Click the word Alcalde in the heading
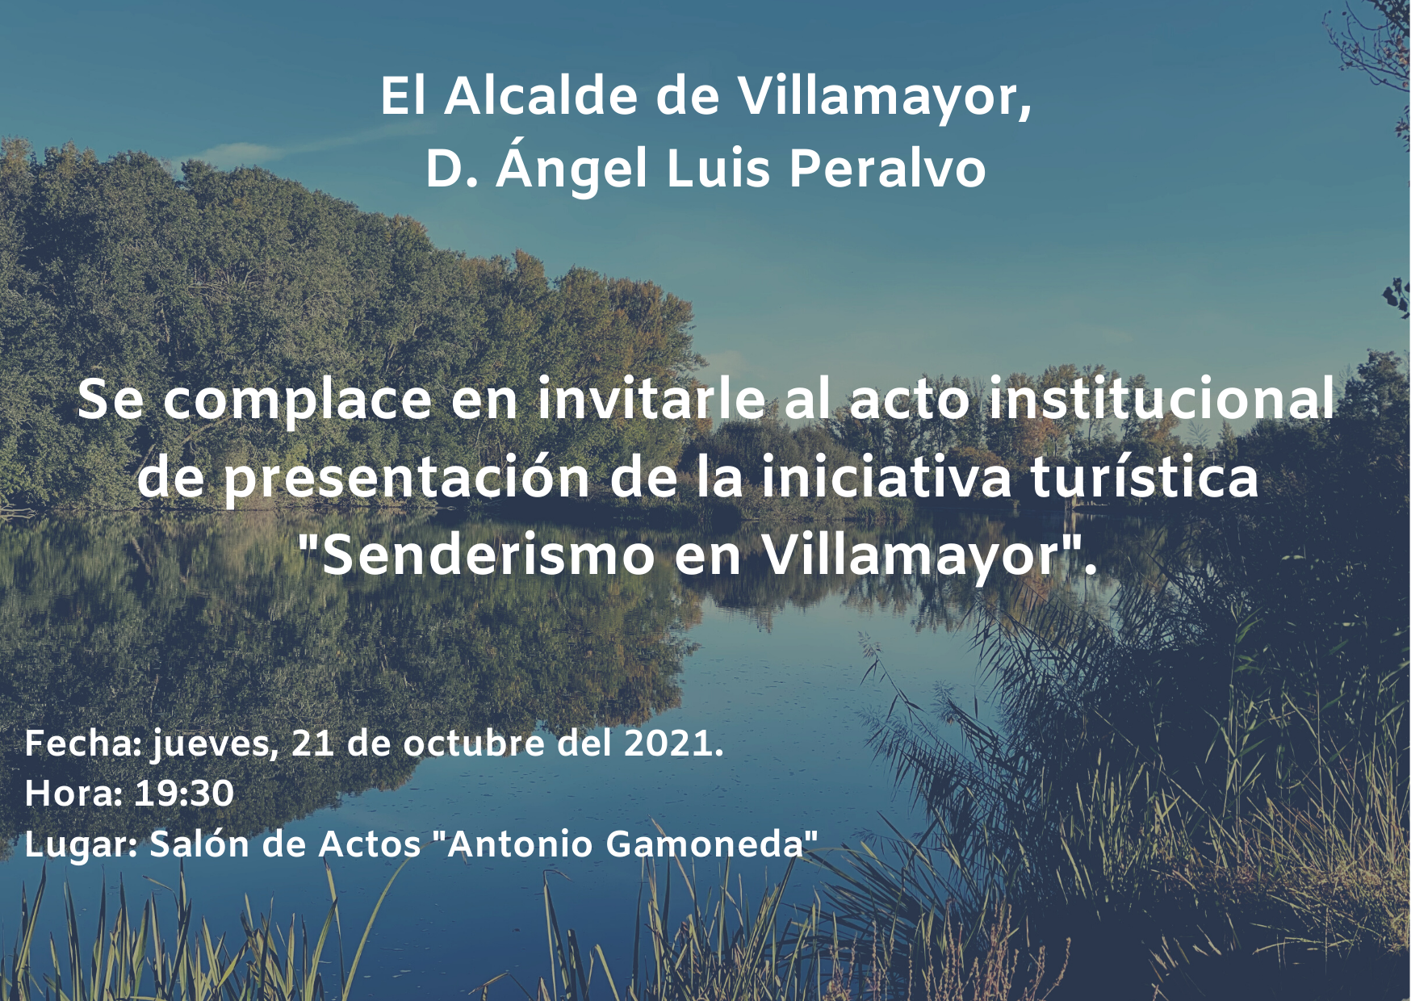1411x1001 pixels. tap(541, 96)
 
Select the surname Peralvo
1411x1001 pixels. tap(887, 170)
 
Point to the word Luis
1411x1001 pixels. tap(718, 170)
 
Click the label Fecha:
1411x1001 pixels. tap(83, 743)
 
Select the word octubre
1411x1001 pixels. tap(474, 743)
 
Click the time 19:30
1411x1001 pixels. tap(184, 794)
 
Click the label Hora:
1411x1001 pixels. tap(73, 794)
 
